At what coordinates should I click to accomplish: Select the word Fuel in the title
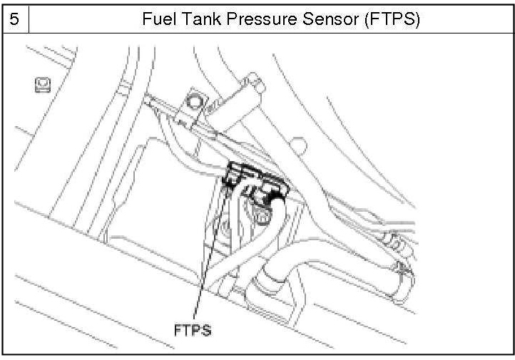(157, 19)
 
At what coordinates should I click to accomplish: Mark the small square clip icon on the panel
(40, 86)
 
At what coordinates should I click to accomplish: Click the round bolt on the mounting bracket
(193, 100)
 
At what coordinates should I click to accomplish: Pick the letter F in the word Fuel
(146, 19)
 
